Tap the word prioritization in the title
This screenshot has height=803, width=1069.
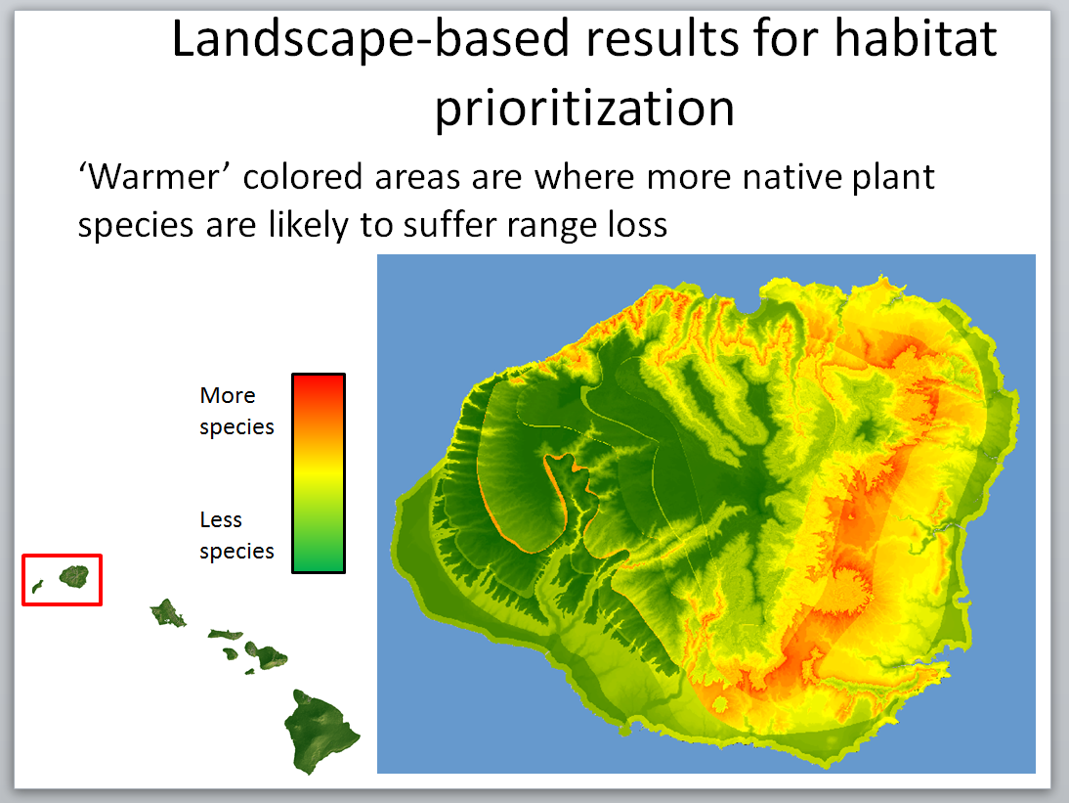584,108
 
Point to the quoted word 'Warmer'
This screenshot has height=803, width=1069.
154,177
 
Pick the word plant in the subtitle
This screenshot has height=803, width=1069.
892,177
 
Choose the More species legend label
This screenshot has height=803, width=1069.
235,411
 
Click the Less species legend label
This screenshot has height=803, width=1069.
235,535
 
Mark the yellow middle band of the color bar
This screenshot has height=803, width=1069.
319,472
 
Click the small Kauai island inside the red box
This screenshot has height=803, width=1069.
74,576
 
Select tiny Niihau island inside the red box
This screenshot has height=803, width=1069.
37,587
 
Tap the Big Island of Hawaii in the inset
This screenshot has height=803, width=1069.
321,729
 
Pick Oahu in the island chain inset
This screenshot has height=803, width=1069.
167,614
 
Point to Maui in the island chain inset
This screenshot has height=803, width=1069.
265,654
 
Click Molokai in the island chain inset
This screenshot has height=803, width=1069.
225,635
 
